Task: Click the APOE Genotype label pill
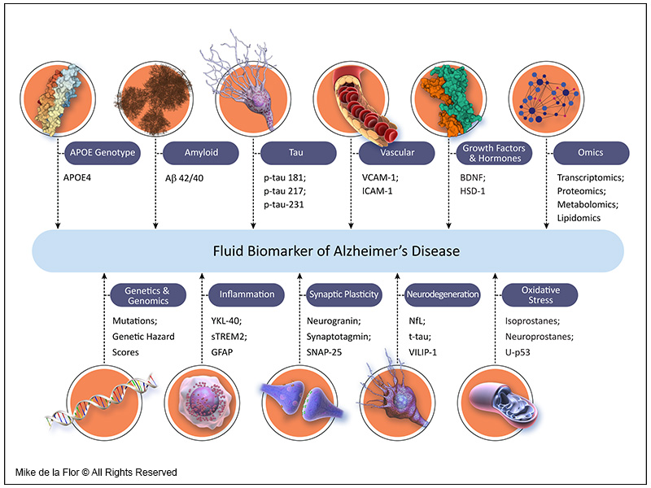click(x=103, y=153)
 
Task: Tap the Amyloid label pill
click(x=201, y=153)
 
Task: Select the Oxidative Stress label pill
click(x=540, y=295)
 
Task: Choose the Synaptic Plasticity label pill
click(x=343, y=294)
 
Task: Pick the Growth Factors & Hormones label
click(x=494, y=153)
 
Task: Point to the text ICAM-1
click(x=377, y=191)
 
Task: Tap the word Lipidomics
click(x=579, y=218)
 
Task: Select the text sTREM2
click(x=228, y=337)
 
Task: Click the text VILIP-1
click(x=422, y=352)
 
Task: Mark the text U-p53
click(x=518, y=352)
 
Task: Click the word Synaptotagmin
click(x=338, y=337)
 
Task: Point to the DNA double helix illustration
click(x=103, y=401)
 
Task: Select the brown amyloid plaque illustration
click(x=154, y=98)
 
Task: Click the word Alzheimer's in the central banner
click(x=361, y=251)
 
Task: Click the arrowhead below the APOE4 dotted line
click(x=58, y=225)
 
